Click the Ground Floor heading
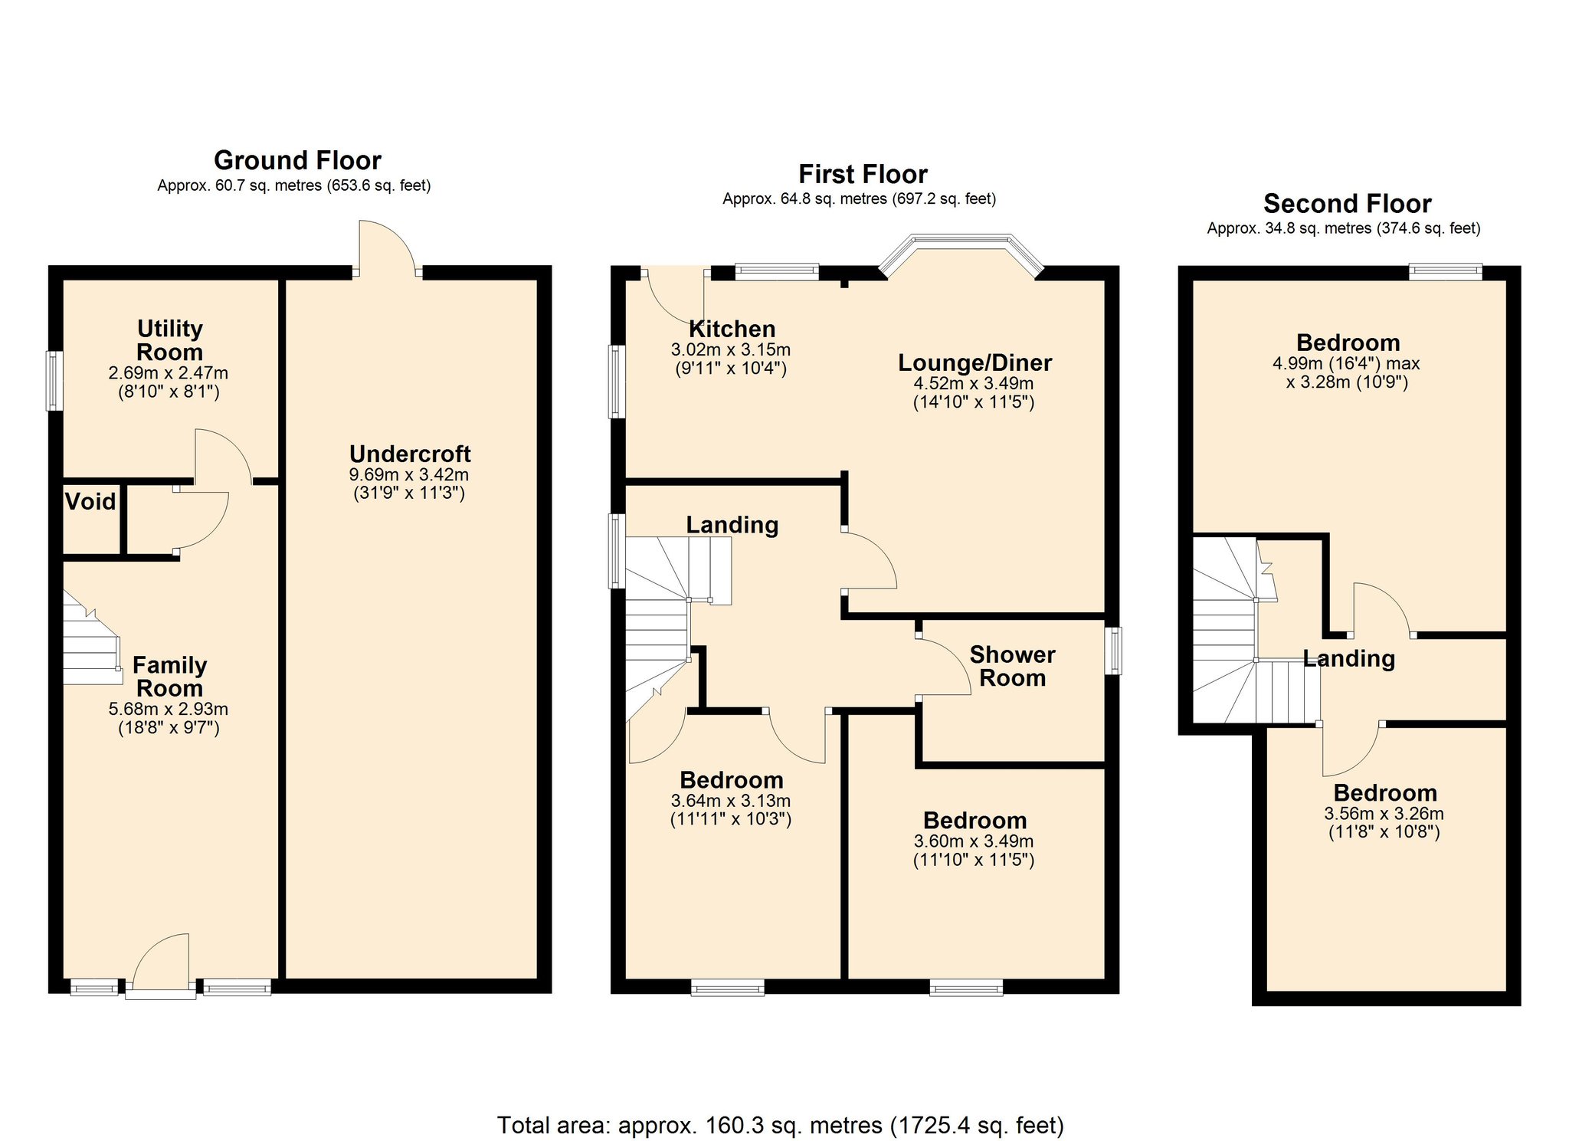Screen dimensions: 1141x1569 pyautogui.click(x=297, y=161)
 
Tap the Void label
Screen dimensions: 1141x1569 pyautogui.click(x=90, y=502)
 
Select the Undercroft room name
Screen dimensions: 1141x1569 pyautogui.click(x=410, y=454)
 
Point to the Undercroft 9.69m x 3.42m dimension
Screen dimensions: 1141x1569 pyautogui.click(x=409, y=475)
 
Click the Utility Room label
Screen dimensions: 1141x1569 pyautogui.click(x=169, y=340)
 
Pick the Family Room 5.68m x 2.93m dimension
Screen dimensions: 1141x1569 pyautogui.click(x=169, y=710)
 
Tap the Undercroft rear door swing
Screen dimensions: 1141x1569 pyautogui.click(x=387, y=247)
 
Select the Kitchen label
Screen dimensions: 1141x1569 pyautogui.click(x=732, y=330)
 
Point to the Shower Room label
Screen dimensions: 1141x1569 pyautogui.click(x=1012, y=666)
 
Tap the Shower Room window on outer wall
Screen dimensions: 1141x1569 pyautogui.click(x=1114, y=651)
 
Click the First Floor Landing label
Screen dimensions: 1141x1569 pyautogui.click(x=732, y=525)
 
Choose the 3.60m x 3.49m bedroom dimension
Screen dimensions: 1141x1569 pyautogui.click(x=974, y=841)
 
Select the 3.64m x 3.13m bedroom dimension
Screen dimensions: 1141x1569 pyautogui.click(x=731, y=801)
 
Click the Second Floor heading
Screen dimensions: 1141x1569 pyautogui.click(x=1347, y=204)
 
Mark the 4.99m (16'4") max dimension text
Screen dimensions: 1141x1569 pyautogui.click(x=1346, y=364)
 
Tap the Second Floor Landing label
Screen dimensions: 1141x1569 pyautogui.click(x=1348, y=659)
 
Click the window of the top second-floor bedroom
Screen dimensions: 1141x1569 pyautogui.click(x=1445, y=271)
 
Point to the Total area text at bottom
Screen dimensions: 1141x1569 pyautogui.click(x=781, y=1125)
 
